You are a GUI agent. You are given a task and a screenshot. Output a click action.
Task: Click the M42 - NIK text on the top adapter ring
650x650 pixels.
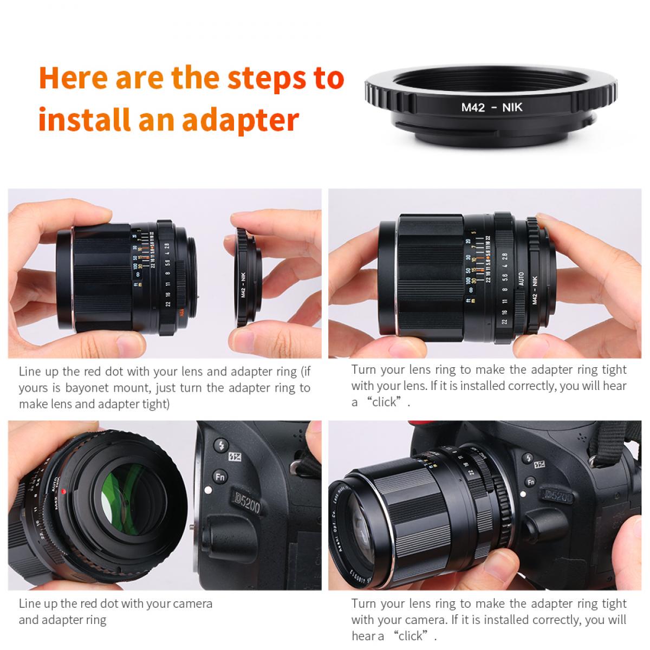492,107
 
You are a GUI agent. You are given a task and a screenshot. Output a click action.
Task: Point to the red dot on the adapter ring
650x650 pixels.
63,491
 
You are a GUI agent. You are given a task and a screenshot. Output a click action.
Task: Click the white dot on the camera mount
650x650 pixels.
206,491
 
